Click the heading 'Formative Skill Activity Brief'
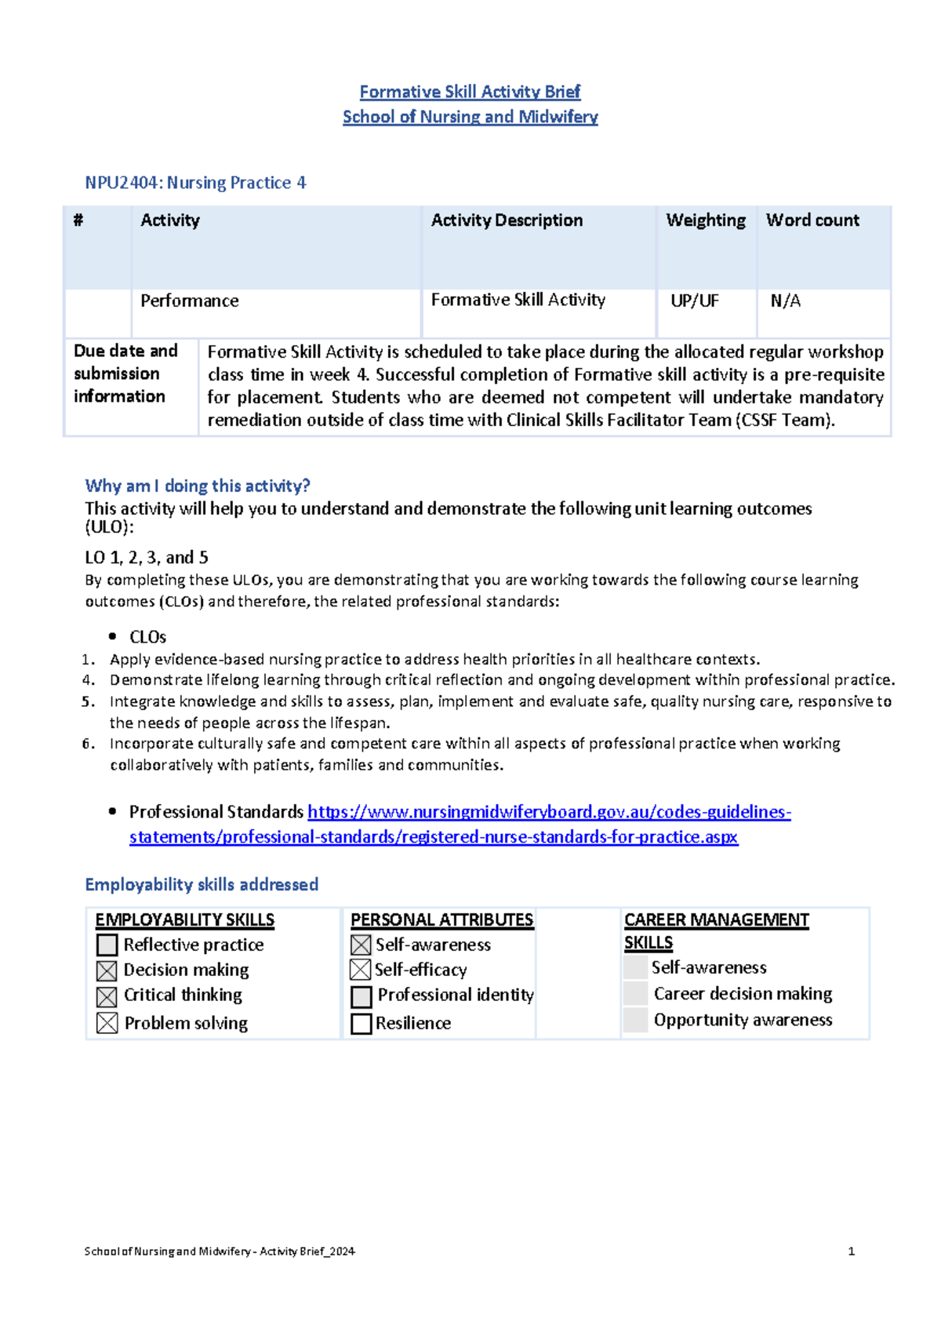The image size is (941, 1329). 470,92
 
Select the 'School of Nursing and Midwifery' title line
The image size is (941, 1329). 470,117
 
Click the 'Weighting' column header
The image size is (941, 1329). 705,220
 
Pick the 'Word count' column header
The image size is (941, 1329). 812,220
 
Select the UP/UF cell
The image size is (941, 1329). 694,301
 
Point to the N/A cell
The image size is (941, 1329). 785,301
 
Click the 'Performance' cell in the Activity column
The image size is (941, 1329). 189,301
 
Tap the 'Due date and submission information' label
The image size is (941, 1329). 125,373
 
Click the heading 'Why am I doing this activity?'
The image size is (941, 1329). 198,486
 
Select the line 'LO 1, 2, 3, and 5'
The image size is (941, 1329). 147,558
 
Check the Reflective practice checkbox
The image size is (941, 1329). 107,945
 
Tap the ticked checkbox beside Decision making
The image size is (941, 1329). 107,971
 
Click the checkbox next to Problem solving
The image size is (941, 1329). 107,1023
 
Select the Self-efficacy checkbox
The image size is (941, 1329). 360,970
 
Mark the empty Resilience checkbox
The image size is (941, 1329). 361,1024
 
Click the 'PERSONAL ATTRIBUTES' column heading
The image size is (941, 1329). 441,920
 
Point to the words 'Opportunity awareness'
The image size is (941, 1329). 743,1020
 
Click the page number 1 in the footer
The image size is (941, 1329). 851,1251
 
